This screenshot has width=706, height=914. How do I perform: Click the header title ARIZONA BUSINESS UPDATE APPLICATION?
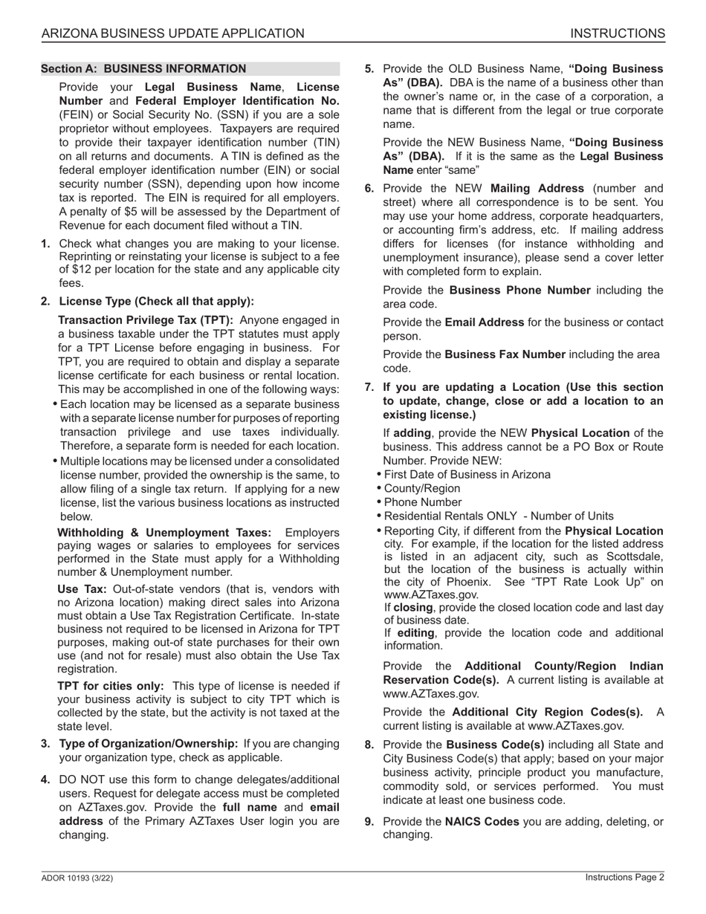click(172, 33)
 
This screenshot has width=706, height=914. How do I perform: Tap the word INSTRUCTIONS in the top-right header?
click(617, 33)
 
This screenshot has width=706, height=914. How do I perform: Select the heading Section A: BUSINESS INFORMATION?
click(143, 69)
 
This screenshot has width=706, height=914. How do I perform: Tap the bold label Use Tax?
click(82, 589)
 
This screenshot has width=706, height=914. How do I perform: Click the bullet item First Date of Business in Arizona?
click(467, 475)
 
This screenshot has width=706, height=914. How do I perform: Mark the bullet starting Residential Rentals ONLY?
click(499, 516)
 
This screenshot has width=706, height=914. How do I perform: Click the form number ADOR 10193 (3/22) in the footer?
click(77, 878)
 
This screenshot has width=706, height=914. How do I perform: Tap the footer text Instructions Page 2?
click(624, 878)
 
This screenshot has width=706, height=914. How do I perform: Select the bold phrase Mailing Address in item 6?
click(537, 188)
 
